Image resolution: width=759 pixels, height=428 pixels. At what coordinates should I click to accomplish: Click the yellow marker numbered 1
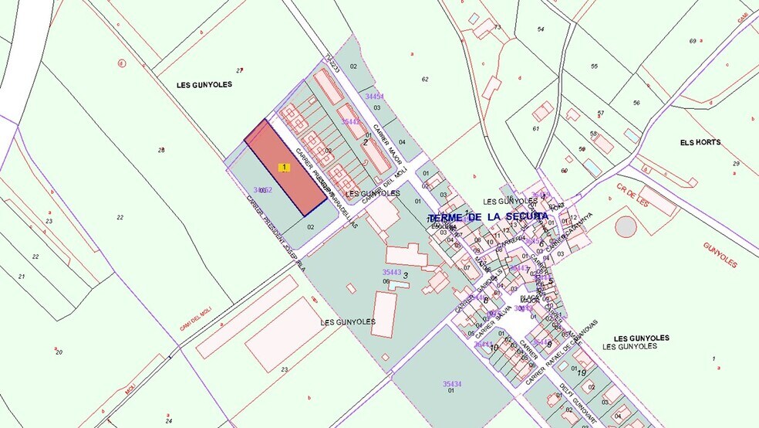(285, 167)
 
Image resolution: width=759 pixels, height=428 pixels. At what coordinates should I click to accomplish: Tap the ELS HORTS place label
(700, 143)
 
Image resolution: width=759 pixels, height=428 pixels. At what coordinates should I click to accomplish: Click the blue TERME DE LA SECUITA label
(487, 217)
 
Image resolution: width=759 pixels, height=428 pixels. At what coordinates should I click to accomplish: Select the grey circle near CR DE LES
(626, 226)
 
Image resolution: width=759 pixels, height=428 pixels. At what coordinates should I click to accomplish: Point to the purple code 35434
(452, 384)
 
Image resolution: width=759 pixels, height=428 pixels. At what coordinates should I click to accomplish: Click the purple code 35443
(392, 272)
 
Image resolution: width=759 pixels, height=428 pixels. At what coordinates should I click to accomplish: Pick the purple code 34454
(374, 97)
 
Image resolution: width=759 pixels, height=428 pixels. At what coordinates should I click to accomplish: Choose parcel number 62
(425, 80)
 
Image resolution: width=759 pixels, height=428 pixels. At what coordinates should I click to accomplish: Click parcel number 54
(541, 29)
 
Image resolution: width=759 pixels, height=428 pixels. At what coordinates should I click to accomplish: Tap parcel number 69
(693, 41)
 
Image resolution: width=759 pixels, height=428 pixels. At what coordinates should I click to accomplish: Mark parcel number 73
(498, 28)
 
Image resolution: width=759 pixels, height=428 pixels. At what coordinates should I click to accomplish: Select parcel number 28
(161, 150)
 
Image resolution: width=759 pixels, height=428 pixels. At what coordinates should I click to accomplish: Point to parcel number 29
(736, 164)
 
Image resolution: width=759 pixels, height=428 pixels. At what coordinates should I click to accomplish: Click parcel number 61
(535, 129)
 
